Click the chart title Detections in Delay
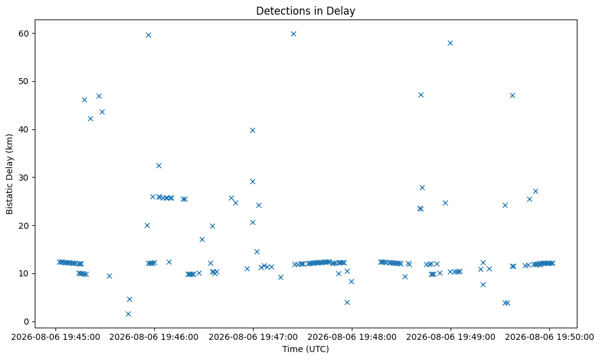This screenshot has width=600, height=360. (305, 11)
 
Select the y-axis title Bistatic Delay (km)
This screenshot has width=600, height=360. (9, 174)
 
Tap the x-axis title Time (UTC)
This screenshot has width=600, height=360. (305, 349)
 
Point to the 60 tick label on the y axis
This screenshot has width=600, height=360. (24, 34)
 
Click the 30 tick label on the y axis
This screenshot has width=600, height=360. (24, 178)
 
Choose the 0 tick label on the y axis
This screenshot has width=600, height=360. (27, 322)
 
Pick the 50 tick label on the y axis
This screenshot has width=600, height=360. (24, 81)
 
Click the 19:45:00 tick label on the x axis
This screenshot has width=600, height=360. (55, 337)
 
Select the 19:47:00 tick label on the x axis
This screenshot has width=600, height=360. (253, 337)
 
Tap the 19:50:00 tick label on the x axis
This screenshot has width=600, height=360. (549, 337)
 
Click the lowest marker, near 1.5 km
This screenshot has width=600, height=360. (128, 314)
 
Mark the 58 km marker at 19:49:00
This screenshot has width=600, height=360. (451, 43)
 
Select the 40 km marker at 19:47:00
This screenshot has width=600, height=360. (252, 130)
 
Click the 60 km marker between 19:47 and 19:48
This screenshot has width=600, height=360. (293, 34)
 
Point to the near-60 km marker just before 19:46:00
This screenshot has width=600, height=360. (148, 35)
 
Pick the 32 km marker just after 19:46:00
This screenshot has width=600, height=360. (159, 165)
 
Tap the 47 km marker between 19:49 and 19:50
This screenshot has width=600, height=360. (512, 95)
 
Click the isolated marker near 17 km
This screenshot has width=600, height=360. (202, 239)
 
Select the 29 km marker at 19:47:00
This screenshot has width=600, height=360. (252, 181)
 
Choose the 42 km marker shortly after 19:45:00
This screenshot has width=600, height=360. (90, 118)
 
